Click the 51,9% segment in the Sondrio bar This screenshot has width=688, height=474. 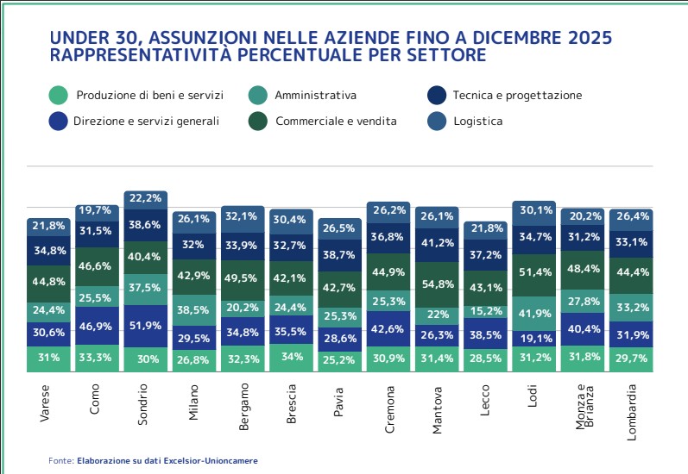point(146,326)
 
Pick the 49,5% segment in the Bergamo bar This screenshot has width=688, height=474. point(243,278)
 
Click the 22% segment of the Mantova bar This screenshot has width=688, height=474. point(437,315)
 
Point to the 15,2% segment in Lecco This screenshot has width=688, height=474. point(486,311)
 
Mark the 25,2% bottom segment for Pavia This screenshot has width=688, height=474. point(340,359)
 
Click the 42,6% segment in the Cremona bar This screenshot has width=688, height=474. point(388,328)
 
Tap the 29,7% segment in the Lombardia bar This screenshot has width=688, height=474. point(631,358)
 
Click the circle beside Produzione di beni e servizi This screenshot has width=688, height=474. point(59,96)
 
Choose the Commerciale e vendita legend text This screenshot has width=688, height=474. point(336,122)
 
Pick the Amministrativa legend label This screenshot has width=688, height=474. point(315,96)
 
